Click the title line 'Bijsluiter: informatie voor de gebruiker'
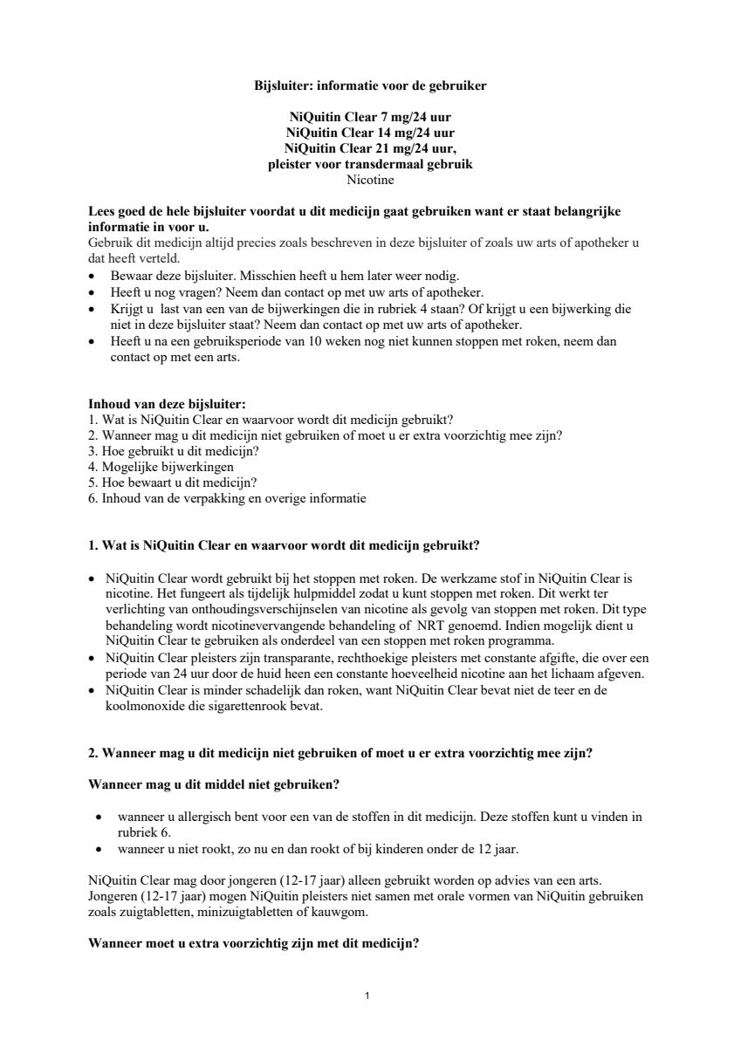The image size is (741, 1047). [370, 86]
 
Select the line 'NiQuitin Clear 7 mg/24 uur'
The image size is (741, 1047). [370, 117]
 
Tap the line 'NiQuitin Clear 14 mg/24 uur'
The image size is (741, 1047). [370, 133]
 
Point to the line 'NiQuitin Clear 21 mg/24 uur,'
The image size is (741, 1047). [370, 148]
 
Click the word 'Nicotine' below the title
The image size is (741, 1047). [370, 180]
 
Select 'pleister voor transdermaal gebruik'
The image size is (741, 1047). [370, 164]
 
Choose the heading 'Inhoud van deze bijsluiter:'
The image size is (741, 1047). [167, 403]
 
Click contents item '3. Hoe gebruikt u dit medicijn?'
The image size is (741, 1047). [174, 451]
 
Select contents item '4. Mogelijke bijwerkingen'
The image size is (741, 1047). [161, 467]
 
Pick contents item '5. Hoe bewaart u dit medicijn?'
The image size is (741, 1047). [173, 482]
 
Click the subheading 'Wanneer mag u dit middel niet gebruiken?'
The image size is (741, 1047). [214, 784]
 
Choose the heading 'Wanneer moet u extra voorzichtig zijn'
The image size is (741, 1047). [253, 943]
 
